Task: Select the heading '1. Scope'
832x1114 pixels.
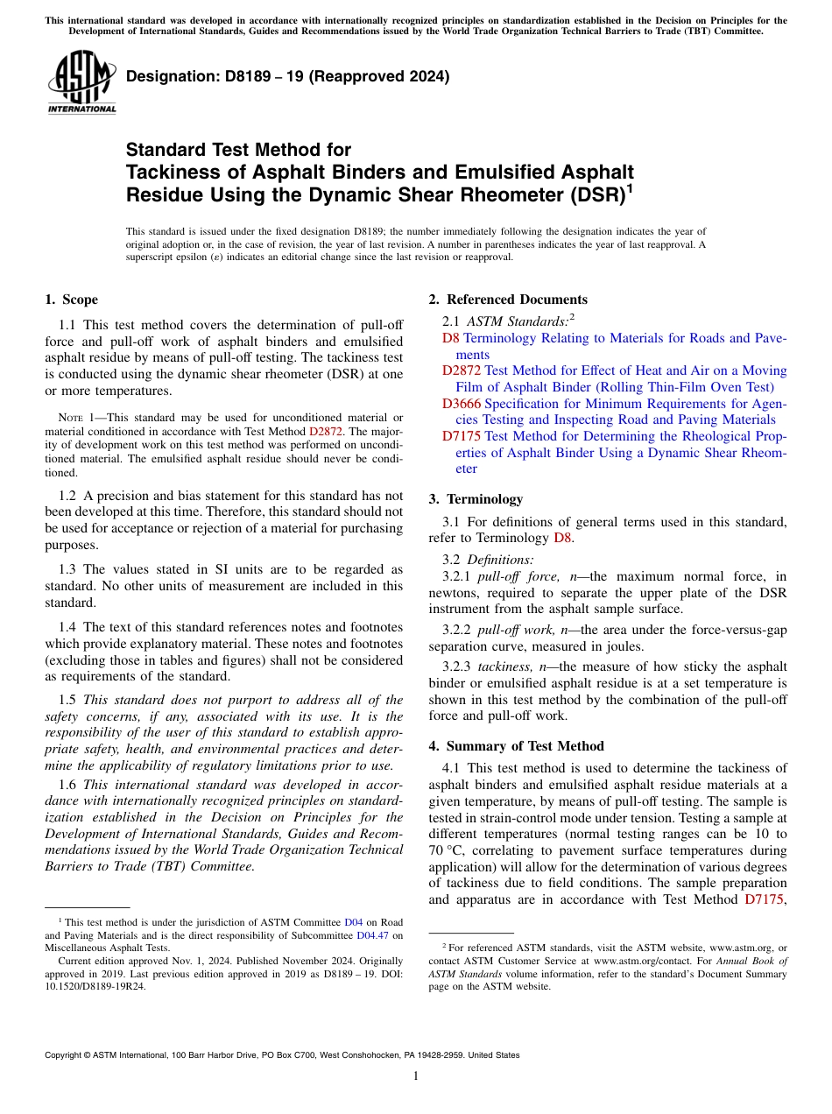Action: pos(71,300)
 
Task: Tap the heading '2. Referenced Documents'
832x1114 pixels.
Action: pos(507,300)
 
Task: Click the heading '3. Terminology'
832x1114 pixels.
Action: pos(476,499)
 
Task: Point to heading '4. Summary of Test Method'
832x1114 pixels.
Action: pos(516,746)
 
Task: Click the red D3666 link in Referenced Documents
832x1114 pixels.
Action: pos(461,404)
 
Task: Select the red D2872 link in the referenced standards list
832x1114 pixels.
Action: pos(461,370)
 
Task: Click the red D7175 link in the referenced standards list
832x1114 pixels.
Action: pos(461,436)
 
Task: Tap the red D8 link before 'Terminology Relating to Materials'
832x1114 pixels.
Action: pos(450,338)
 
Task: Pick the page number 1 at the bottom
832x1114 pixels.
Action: pos(416,1075)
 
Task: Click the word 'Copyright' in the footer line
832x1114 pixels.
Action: pos(65,1055)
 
